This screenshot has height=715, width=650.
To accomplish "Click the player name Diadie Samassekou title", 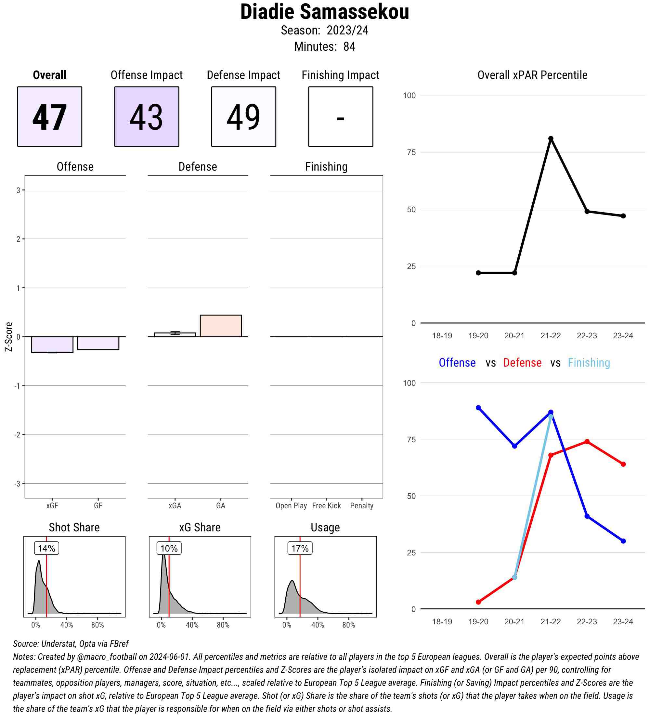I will tap(324, 12).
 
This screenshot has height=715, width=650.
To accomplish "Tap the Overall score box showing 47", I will tap(50, 116).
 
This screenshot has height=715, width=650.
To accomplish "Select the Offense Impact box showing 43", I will tap(147, 116).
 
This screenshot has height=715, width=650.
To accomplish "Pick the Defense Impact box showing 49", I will tap(244, 116).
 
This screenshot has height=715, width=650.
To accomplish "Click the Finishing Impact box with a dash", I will tap(340, 116).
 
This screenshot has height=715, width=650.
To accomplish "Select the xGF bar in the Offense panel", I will tap(52, 344).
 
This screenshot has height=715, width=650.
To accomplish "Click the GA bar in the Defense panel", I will tap(221, 326).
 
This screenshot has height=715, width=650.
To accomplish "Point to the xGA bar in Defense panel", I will tap(175, 334).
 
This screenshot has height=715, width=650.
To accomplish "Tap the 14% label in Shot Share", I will tap(46, 548).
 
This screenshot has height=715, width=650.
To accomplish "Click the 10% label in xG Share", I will tap(169, 548).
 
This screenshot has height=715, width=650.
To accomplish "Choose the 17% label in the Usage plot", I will tap(300, 548).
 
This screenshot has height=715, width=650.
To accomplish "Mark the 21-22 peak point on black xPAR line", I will tap(551, 139).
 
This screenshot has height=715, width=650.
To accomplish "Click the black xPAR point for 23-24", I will tap(623, 216).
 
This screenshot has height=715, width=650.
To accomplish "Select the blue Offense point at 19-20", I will tap(478, 408).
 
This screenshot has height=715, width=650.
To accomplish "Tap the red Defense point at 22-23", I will tap(587, 442).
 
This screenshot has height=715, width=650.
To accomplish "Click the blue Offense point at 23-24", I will tap(623, 541).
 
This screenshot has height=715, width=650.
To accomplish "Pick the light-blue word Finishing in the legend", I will tap(589, 362).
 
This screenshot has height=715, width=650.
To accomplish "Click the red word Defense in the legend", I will tap(522, 362).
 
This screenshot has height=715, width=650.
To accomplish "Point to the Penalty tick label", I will tap(361, 505).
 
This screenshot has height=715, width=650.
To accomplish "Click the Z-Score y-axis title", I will tap(9, 337).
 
